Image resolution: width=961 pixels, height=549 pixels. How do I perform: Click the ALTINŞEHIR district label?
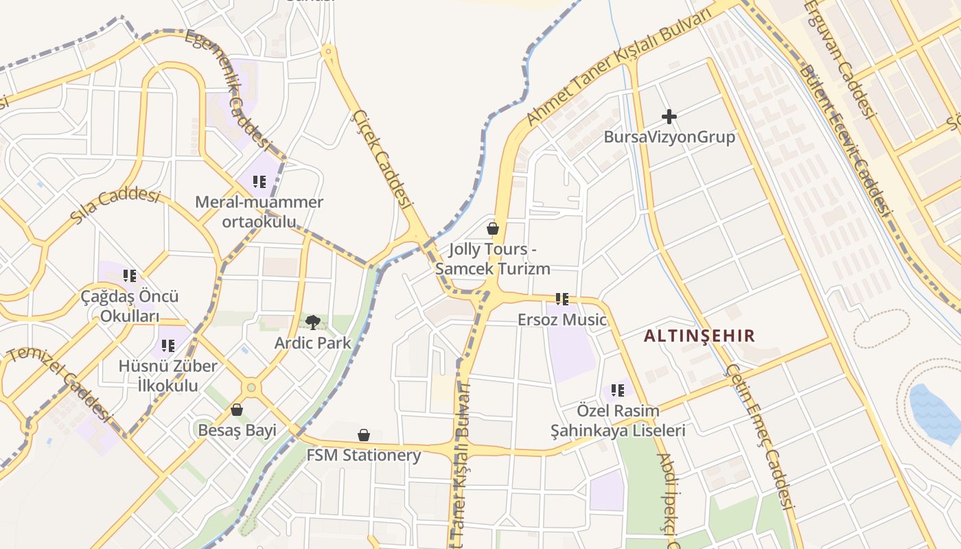click(699, 336)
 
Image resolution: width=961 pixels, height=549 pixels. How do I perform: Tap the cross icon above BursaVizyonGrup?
click(669, 117)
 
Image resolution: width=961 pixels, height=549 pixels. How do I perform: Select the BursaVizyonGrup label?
click(669, 137)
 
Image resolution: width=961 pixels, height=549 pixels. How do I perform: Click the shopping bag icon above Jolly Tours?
click(492, 229)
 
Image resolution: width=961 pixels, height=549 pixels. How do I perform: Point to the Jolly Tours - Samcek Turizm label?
click(492, 259)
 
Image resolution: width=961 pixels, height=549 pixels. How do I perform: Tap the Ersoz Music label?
click(561, 320)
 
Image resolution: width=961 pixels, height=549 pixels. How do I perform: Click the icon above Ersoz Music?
click(561, 299)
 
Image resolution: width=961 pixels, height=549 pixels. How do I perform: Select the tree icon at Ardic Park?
click(313, 322)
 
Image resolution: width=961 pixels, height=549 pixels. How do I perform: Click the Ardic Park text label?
click(313, 342)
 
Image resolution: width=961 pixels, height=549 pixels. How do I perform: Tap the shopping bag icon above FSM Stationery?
click(364, 435)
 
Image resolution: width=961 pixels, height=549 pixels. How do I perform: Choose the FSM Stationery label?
click(364, 455)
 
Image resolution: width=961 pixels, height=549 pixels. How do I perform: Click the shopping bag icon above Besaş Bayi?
click(237, 410)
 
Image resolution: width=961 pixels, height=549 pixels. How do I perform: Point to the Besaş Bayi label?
click(237, 430)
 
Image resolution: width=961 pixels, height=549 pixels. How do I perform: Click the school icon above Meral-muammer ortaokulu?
click(259, 182)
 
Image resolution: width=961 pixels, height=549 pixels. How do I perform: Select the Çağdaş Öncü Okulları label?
click(130, 306)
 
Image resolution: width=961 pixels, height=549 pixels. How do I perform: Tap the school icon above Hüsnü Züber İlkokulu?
click(167, 346)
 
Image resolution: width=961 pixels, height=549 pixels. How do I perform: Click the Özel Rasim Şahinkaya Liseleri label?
click(618, 421)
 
